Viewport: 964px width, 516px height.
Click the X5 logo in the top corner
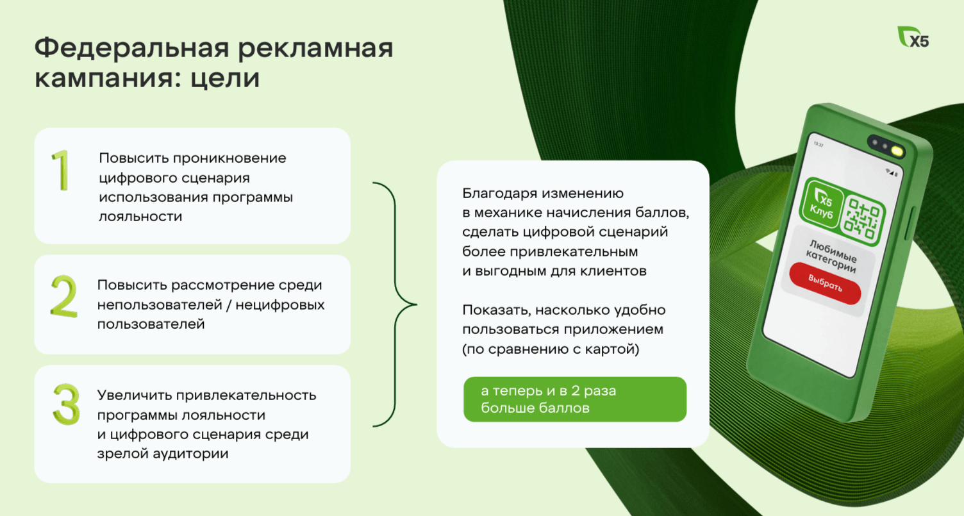pos(913,37)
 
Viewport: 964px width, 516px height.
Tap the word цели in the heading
pos(225,78)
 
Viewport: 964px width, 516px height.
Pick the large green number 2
pos(64,297)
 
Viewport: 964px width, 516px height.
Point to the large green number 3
pos(66,404)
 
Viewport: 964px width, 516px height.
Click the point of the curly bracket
pos(416,304)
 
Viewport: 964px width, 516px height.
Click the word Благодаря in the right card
pos(500,194)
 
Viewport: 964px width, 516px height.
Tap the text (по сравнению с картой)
pos(551,349)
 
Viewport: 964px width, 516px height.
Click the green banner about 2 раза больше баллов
pos(575,399)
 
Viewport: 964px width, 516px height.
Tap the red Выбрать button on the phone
pos(825,283)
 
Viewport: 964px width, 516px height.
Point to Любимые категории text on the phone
pos(832,256)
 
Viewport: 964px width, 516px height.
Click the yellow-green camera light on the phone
pos(897,151)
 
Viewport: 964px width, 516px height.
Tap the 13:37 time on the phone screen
pos(818,144)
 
